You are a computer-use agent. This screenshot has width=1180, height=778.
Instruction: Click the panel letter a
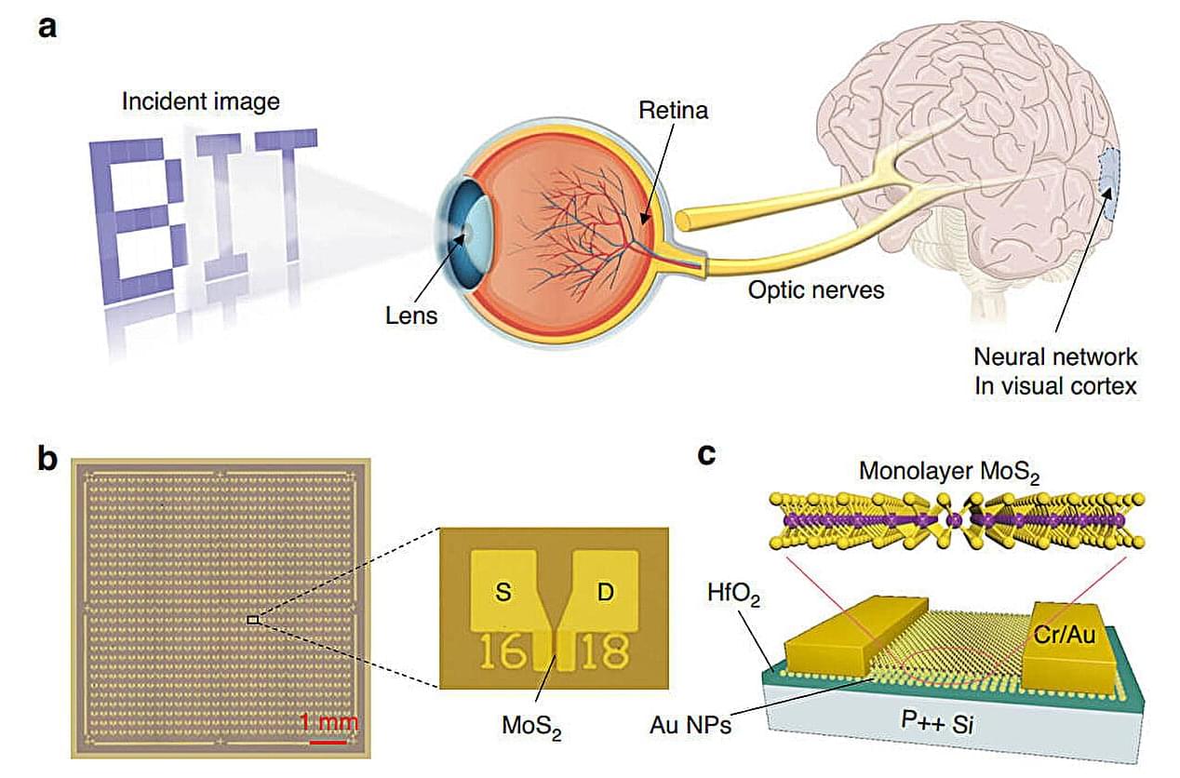pyautogui.click(x=47, y=26)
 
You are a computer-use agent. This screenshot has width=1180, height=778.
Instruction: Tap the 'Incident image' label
pyautogui.click(x=200, y=101)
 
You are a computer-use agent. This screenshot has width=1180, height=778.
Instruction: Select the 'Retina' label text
pyautogui.click(x=673, y=110)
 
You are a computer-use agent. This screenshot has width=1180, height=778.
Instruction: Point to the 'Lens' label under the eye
pyautogui.click(x=411, y=315)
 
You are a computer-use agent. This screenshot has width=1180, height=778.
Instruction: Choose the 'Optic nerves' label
pyautogui.click(x=816, y=290)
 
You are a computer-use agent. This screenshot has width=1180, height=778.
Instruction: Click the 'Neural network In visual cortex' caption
pyautogui.click(x=1055, y=370)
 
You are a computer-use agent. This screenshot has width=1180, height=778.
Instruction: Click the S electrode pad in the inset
pyautogui.click(x=503, y=593)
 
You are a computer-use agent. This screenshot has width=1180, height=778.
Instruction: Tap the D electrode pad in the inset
pyautogui.click(x=605, y=593)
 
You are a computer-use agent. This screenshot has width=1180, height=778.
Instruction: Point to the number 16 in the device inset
pyautogui.click(x=503, y=651)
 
